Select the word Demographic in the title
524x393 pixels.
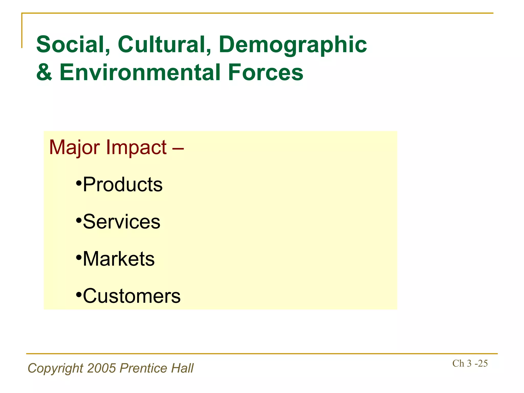point(293,45)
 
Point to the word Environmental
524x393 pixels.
point(140,72)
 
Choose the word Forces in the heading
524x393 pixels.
point(265,72)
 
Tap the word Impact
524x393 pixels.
point(136,148)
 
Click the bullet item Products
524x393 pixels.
point(123,184)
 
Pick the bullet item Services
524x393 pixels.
point(122,222)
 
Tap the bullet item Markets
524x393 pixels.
point(119,259)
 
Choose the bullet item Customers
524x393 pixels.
point(132,296)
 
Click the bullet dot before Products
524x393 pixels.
point(79,183)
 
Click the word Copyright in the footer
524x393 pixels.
point(56,368)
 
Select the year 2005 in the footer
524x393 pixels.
point(102,368)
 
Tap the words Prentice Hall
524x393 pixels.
point(157,368)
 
